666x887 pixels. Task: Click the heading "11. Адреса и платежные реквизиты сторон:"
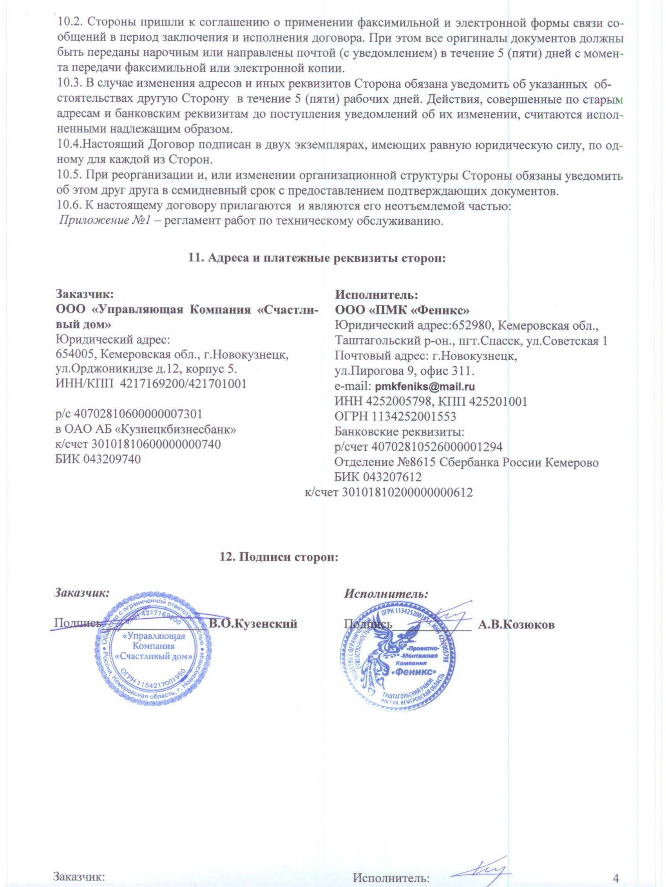point(317,258)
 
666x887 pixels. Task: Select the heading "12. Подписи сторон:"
point(279,557)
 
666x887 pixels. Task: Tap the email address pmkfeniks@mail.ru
point(424,387)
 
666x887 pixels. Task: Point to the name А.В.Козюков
point(516,625)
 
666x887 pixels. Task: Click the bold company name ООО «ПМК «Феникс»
point(402,311)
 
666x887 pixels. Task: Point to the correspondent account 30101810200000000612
point(406,492)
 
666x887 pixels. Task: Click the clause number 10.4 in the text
point(65,145)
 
